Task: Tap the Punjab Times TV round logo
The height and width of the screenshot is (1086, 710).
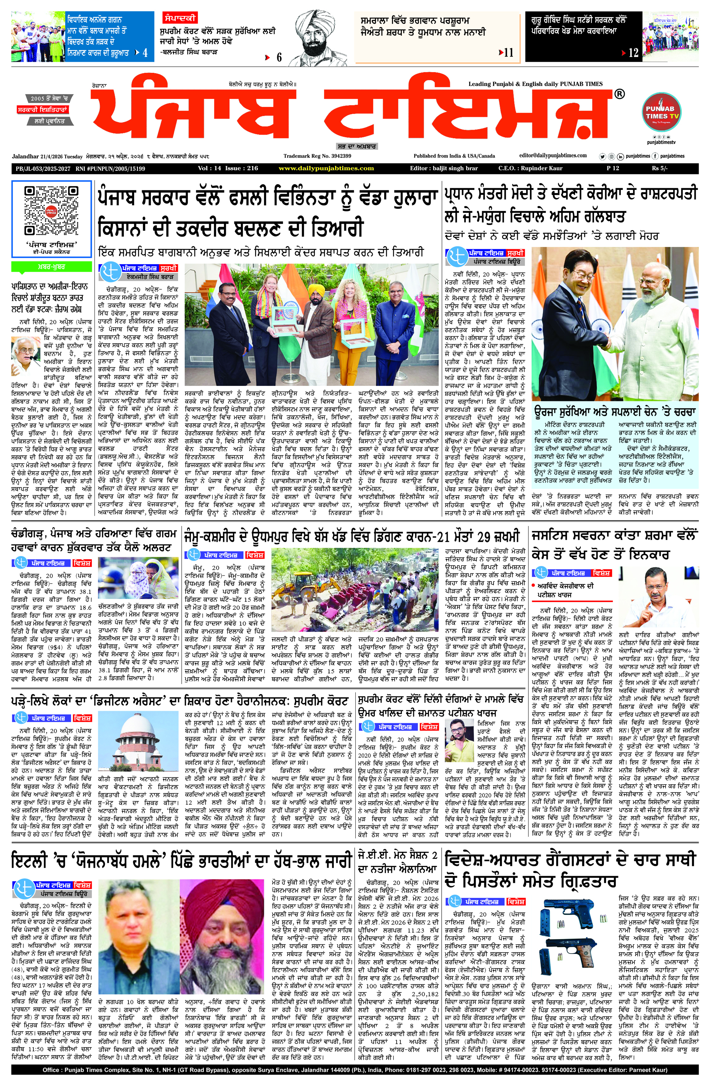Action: tap(661, 111)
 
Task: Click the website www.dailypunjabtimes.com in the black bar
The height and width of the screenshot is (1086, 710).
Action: tap(326, 168)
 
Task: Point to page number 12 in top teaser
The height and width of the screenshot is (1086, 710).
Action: tap(633, 53)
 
